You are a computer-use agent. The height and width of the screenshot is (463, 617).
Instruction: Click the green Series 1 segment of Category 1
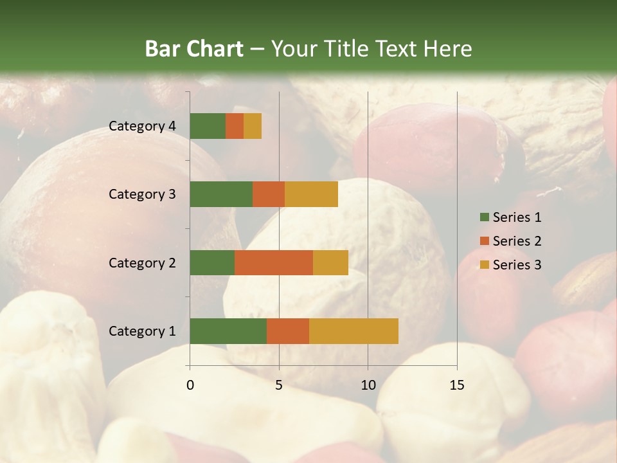(228, 331)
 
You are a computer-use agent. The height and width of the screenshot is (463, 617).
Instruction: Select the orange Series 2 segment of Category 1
(288, 331)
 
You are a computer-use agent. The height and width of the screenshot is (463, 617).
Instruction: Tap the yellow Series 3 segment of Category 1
(353, 331)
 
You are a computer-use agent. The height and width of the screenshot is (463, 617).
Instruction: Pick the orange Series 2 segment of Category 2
(274, 262)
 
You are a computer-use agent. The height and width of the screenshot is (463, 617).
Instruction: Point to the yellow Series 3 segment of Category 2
(330, 262)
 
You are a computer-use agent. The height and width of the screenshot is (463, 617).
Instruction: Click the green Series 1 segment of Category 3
(221, 194)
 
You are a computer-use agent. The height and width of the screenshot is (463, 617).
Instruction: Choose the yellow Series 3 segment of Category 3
(311, 194)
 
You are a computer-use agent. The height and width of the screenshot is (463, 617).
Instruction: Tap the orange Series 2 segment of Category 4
(235, 126)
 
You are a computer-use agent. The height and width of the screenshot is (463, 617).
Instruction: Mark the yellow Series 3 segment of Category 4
(253, 126)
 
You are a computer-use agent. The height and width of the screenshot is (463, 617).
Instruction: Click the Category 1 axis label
(142, 331)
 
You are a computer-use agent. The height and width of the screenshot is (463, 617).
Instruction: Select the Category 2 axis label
(142, 262)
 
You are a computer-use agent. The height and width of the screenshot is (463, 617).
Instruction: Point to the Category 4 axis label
(142, 126)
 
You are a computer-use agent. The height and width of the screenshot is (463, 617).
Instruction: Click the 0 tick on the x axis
(190, 385)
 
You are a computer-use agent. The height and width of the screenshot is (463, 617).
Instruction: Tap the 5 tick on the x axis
(279, 385)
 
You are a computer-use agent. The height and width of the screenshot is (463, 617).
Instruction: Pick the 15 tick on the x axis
(456, 385)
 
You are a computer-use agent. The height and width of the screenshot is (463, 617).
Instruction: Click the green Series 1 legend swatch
(484, 217)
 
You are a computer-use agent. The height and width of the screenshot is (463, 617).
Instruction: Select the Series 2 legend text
(517, 241)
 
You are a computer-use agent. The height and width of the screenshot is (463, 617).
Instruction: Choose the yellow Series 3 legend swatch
(484, 265)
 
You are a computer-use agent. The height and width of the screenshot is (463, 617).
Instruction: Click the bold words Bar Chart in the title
(194, 49)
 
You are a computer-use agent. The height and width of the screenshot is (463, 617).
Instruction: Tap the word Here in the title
(449, 49)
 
